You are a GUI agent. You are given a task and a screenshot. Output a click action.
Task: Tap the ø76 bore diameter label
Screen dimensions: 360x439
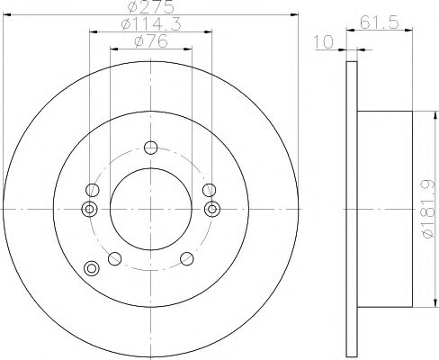[148, 42]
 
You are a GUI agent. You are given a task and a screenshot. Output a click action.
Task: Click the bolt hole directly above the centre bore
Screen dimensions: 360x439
[150, 148]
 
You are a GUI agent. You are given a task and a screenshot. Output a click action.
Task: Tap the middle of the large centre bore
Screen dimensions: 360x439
[149, 209]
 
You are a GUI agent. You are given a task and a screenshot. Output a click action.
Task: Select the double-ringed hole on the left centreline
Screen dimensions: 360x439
[88, 209]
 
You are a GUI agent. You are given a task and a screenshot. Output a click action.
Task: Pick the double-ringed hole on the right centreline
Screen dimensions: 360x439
[212, 209]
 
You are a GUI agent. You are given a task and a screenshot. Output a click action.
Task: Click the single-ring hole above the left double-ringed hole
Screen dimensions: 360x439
[91, 190]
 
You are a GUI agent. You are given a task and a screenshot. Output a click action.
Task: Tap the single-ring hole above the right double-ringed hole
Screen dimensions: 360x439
[209, 189]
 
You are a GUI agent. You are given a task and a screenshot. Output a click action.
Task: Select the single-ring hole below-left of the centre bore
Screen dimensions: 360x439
[113, 258]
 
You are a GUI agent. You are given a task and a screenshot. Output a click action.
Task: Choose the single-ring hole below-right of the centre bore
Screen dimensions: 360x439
[186, 258]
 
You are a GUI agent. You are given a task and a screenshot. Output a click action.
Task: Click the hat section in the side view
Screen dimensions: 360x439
[387, 209]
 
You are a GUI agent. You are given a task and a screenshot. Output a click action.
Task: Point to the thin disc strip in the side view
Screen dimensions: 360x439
[352, 209]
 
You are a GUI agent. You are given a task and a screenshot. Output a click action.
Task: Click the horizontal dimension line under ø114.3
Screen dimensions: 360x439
[149, 34]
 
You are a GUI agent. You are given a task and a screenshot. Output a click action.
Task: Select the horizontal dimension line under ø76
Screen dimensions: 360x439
[149, 50]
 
